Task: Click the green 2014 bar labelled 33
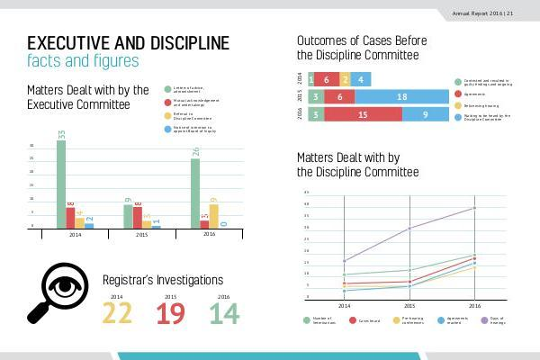[x=61, y=184]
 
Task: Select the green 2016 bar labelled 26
[x=195, y=193]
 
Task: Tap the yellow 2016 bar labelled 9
[x=213, y=216]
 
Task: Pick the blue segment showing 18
[x=402, y=96]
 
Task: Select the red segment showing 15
[x=362, y=114]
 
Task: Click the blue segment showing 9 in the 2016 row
[x=426, y=114]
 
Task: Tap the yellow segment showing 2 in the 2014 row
[x=346, y=79]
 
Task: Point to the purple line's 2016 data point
[x=474, y=208]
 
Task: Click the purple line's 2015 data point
[x=409, y=229]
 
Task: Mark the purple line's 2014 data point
[x=345, y=261]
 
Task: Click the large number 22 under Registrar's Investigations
[x=117, y=314]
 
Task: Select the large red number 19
[x=170, y=314]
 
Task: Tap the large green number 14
[x=224, y=314]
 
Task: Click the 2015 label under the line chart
[x=409, y=306]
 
